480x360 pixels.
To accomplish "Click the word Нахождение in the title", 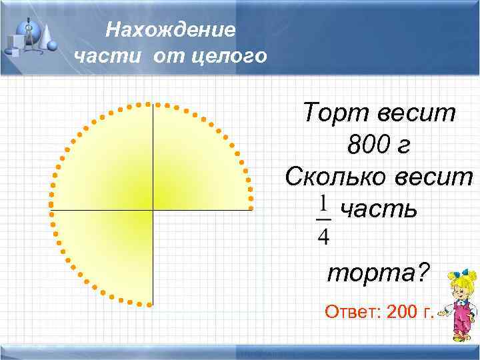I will (171, 30).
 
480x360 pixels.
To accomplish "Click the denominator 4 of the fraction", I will (323, 235).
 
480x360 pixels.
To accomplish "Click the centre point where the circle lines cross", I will (153, 210).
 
